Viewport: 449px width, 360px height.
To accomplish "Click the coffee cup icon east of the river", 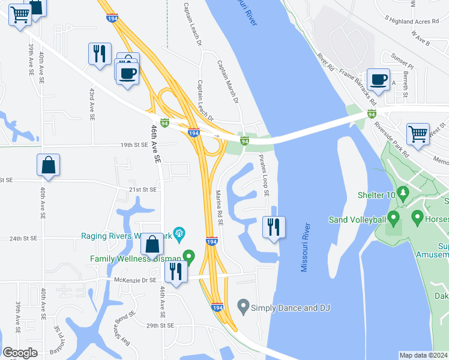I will [x=379, y=79].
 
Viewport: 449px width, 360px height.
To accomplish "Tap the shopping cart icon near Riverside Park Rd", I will [x=418, y=133].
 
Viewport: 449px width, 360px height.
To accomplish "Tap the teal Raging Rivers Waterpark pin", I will [x=178, y=232].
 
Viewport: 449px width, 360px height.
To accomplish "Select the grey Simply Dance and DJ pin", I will [x=243, y=307].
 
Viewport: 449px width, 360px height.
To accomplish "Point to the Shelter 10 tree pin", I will [x=403, y=194].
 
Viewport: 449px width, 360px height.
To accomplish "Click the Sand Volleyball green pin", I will [x=394, y=217].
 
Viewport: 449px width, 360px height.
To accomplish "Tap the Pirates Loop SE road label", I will [x=264, y=174].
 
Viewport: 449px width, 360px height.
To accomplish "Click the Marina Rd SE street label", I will [x=220, y=208].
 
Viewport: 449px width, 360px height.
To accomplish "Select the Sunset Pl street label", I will [x=402, y=62].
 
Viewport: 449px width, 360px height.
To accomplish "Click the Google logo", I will [x=20, y=352].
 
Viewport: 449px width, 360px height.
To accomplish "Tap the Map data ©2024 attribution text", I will [x=423, y=355].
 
